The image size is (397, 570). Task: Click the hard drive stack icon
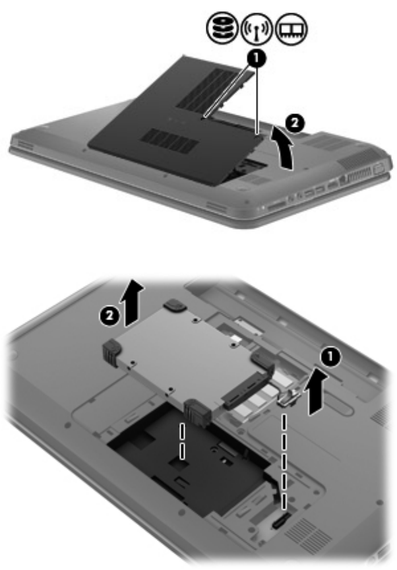click(222, 28)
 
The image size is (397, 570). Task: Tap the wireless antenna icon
click(257, 28)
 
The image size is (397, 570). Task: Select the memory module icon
click(291, 28)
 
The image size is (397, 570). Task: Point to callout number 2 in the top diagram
click(295, 123)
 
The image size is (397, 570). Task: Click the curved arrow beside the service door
click(284, 149)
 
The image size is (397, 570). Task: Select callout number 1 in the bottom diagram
click(330, 358)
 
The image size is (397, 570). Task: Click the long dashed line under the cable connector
click(284, 460)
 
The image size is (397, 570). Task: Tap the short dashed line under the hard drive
click(182, 440)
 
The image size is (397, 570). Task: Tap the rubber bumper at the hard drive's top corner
click(175, 305)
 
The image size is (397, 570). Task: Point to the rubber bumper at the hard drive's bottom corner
click(198, 412)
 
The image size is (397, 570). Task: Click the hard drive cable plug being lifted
click(289, 397)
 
